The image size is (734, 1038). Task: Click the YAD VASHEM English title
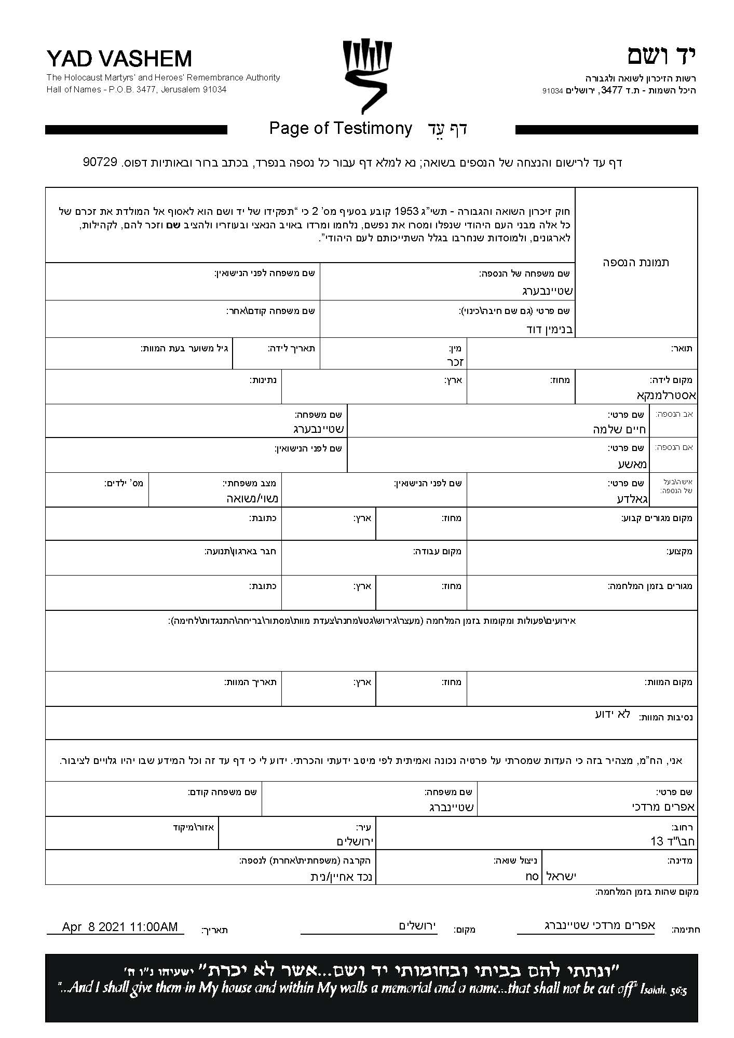(x=119, y=59)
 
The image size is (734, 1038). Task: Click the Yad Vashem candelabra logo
(x=367, y=76)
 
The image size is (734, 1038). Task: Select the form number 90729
(x=100, y=162)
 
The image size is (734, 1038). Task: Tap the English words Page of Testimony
(x=341, y=128)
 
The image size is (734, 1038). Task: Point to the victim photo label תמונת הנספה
(x=636, y=262)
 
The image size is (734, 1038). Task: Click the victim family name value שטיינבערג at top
(x=547, y=291)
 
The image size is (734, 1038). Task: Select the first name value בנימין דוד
(x=549, y=329)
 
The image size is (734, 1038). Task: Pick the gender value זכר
(x=454, y=362)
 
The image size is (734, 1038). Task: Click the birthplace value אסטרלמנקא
(x=667, y=395)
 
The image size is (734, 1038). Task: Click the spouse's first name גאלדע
(x=633, y=499)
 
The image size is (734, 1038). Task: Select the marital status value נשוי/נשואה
(x=253, y=499)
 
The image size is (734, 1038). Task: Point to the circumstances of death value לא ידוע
(x=613, y=714)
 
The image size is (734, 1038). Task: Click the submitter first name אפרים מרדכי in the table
(x=663, y=807)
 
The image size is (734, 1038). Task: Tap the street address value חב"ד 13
(x=672, y=841)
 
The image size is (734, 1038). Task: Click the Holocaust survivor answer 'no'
(x=532, y=876)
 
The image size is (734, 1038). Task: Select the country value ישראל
(x=561, y=876)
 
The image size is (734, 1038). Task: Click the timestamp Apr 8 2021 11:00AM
(x=120, y=926)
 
